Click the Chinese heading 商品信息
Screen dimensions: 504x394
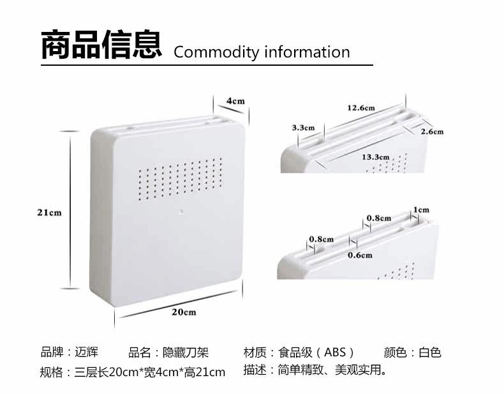pyautogui.click(x=101, y=46)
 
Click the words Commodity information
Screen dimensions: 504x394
pyautogui.click(x=262, y=52)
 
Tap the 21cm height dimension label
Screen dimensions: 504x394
pyautogui.click(x=48, y=213)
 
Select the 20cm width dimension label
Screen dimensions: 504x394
pyautogui.click(x=183, y=312)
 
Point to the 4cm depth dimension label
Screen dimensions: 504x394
pyautogui.click(x=235, y=101)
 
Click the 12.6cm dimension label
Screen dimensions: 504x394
pyautogui.click(x=361, y=107)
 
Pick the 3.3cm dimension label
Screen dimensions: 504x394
pyautogui.click(x=303, y=128)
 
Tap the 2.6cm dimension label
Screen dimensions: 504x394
pyautogui.click(x=432, y=132)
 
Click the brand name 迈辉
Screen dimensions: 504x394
pyautogui.click(x=87, y=352)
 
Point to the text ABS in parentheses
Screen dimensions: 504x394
pyautogui.click(x=334, y=352)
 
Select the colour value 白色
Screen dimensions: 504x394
pyautogui.click(x=430, y=352)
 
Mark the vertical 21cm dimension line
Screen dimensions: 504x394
pyautogui.click(x=70, y=213)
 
